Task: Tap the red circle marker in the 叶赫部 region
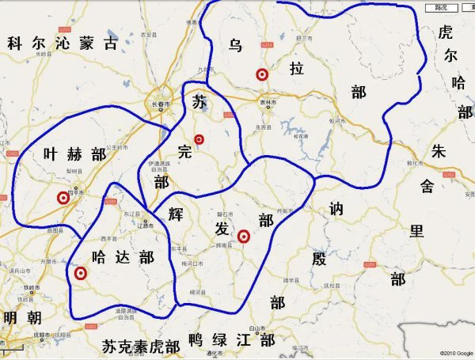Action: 63,199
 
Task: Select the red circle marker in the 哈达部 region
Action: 80,274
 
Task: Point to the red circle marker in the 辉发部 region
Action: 244,235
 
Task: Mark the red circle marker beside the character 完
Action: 199,140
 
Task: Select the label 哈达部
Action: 123,257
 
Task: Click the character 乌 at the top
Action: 235,45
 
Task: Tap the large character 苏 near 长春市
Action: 199,102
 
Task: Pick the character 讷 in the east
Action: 336,210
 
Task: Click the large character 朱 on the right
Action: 440,152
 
